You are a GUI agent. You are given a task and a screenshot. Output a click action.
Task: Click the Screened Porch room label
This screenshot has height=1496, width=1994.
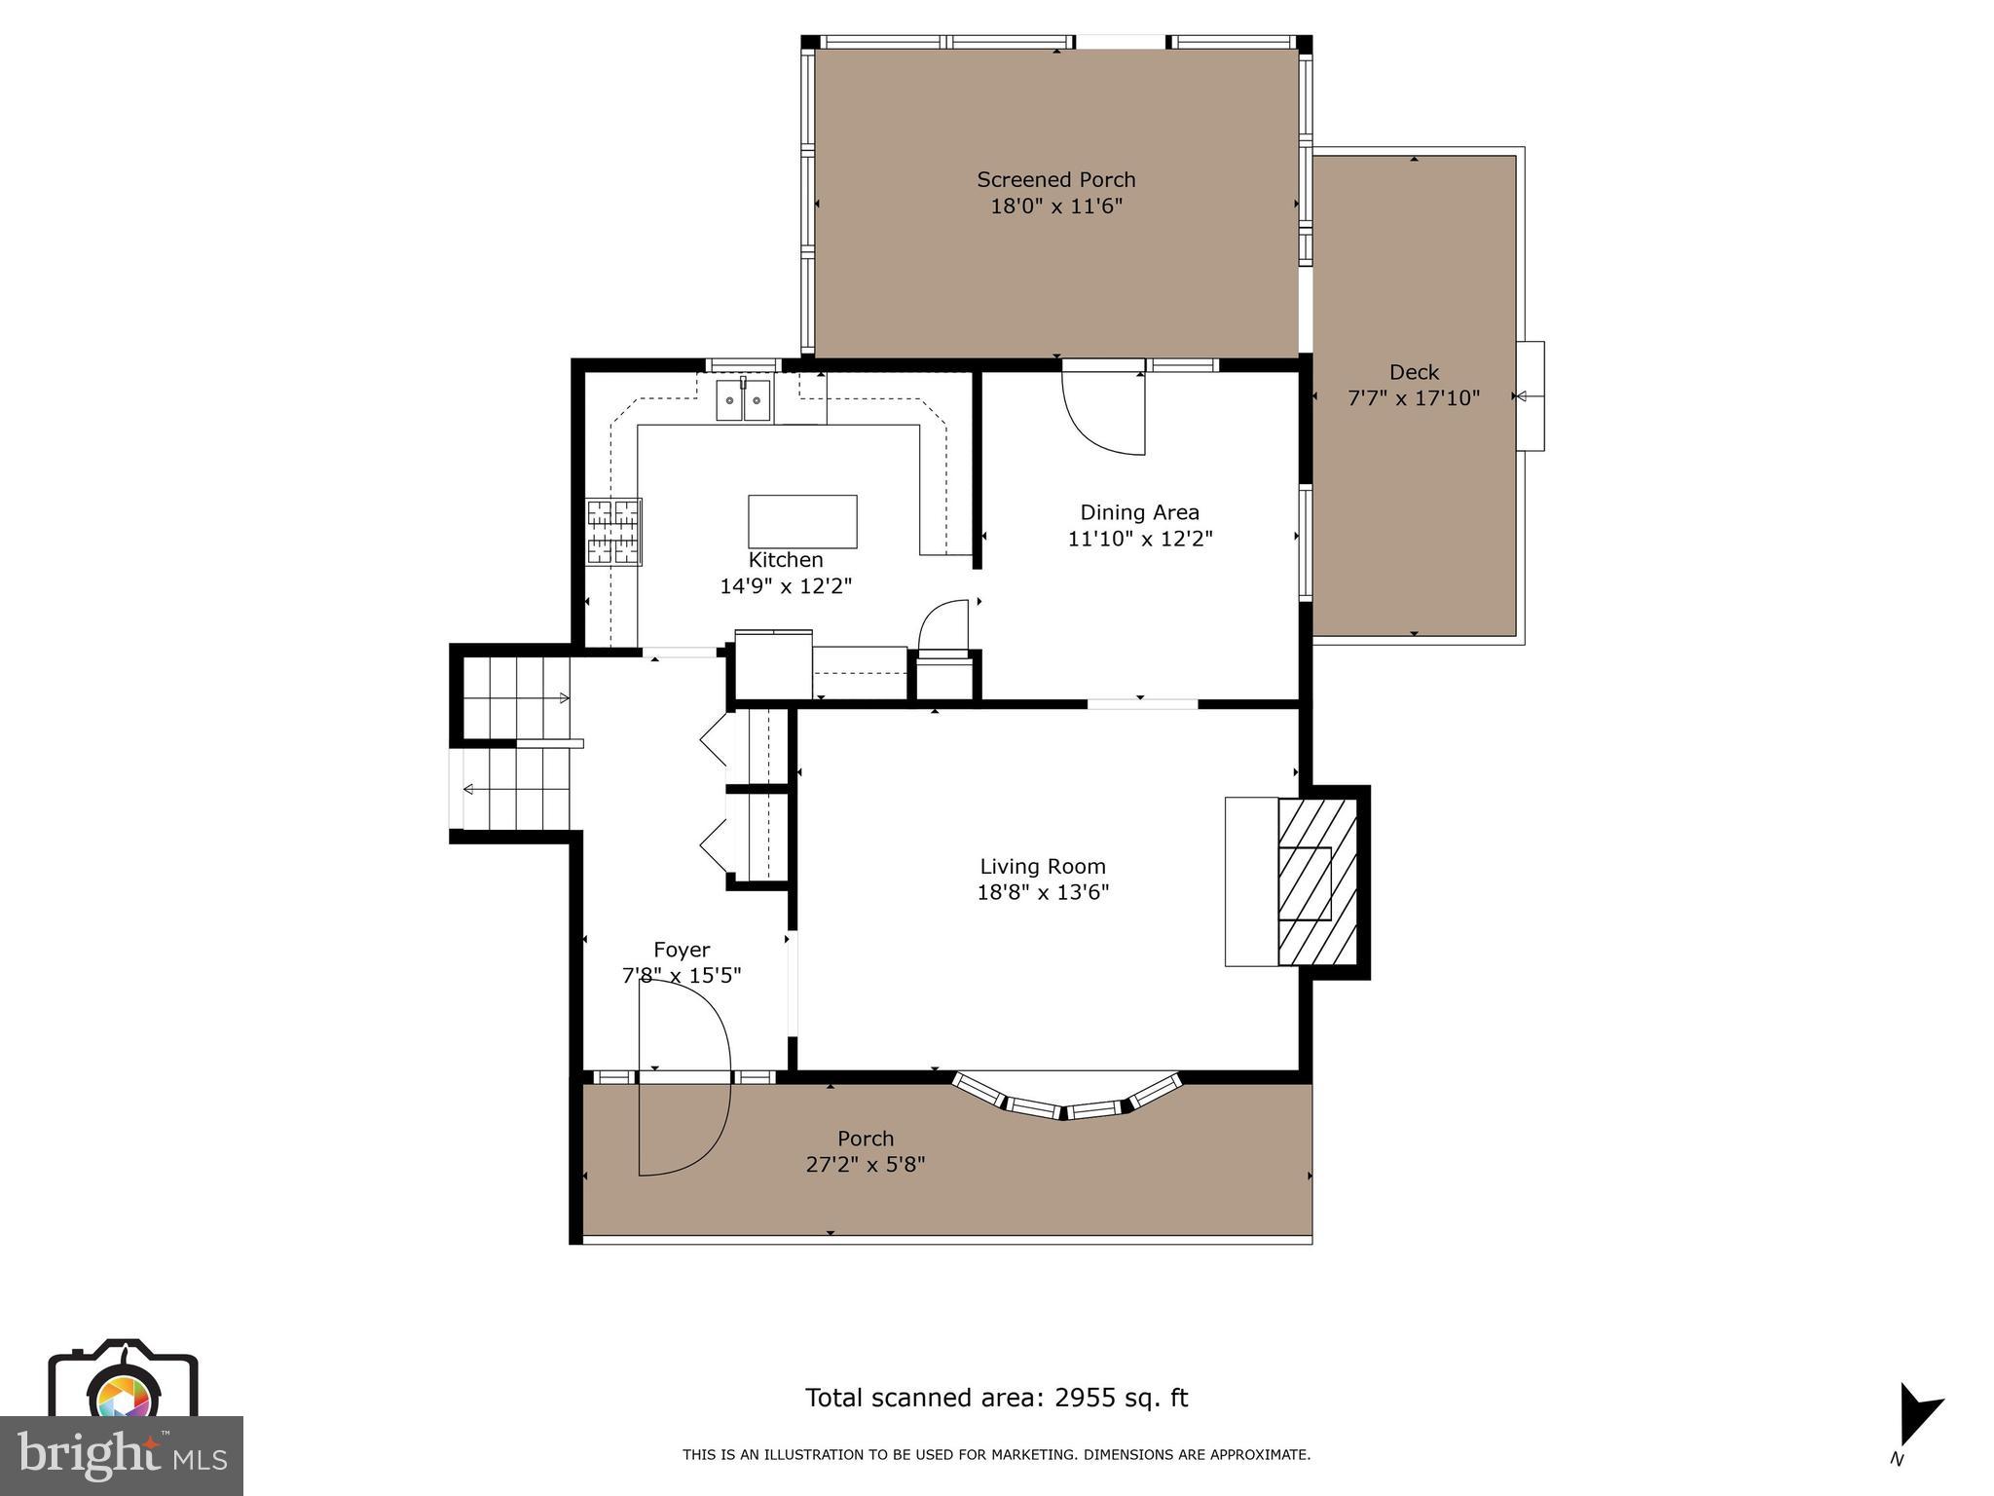[x=1055, y=180]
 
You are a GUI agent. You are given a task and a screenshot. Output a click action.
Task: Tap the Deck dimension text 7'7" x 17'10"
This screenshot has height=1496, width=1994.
[x=1413, y=398]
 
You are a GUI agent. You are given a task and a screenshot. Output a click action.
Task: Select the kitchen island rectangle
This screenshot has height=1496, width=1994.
[x=802, y=522]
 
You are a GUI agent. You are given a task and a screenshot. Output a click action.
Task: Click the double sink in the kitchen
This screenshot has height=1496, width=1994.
[x=743, y=400]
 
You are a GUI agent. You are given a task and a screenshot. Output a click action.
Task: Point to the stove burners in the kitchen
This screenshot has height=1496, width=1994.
[x=613, y=532]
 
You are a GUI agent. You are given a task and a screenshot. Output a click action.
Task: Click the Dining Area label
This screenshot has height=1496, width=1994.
[x=1139, y=512]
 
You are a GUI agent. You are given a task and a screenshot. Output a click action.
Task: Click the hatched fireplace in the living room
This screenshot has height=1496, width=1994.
[x=1316, y=882]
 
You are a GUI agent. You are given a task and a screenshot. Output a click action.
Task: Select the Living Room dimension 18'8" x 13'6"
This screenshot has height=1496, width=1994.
[x=1043, y=892]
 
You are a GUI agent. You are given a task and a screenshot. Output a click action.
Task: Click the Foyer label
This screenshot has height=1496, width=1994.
[x=682, y=950]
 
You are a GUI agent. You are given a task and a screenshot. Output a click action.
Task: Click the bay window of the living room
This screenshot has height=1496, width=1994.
[x=1066, y=1101]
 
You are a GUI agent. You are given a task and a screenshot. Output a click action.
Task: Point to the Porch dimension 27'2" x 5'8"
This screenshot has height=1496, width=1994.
[x=865, y=1164]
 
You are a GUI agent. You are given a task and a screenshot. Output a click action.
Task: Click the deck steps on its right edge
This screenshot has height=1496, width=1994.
[x=1530, y=396]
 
